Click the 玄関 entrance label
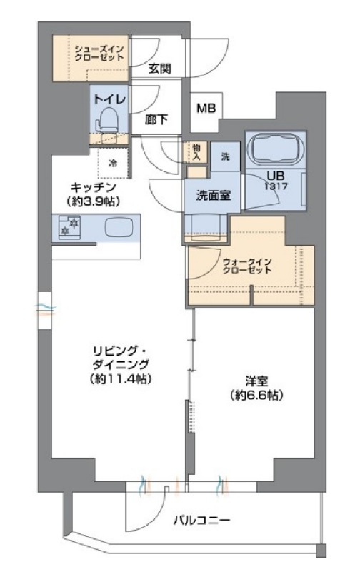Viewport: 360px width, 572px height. pyautogui.click(x=160, y=69)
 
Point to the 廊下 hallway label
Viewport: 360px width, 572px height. pyautogui.click(x=156, y=120)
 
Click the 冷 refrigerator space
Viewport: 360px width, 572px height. pyautogui.click(x=113, y=162)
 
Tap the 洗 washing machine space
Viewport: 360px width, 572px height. pyautogui.click(x=225, y=157)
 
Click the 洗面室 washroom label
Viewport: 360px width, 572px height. pyautogui.click(x=213, y=195)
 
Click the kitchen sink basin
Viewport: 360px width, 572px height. pyautogui.click(x=118, y=229)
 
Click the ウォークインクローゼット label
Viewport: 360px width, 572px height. pyautogui.click(x=247, y=265)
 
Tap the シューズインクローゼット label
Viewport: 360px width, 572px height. pyautogui.click(x=100, y=52)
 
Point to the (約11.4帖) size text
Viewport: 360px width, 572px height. pyautogui.click(x=120, y=378)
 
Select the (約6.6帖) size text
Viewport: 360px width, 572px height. pyautogui.click(x=254, y=395)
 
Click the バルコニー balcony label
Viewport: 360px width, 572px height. pyautogui.click(x=201, y=521)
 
